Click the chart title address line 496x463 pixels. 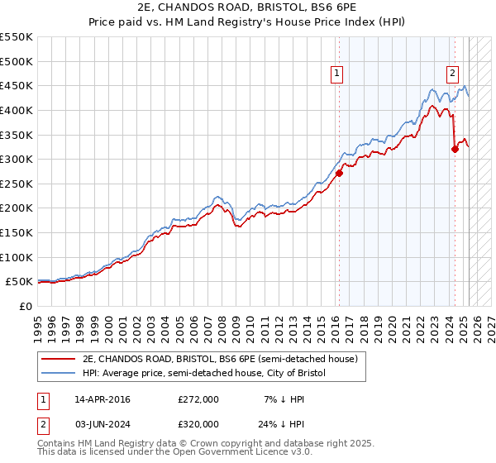pos(247,7)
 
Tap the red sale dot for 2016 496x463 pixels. pos(339,174)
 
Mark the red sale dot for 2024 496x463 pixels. pos(455,150)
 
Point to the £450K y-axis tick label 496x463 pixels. pos(17,85)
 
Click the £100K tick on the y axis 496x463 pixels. pos(17,257)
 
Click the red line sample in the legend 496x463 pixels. pos(60,359)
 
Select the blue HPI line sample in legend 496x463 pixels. pos(60,374)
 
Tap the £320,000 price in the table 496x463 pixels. pos(198,423)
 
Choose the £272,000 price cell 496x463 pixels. pos(198,399)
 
